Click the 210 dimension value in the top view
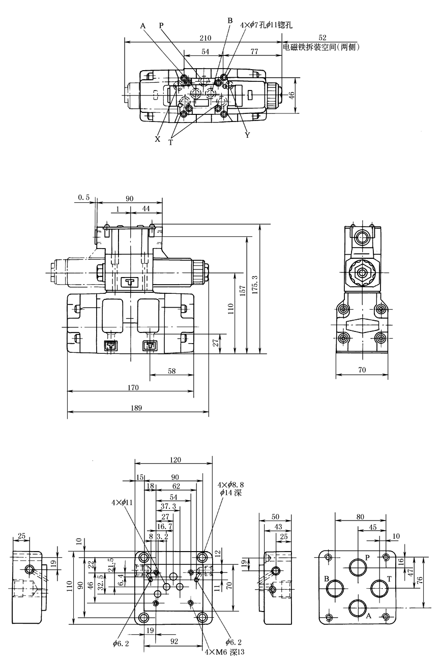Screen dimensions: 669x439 point(206,38)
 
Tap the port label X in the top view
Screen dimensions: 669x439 point(158,139)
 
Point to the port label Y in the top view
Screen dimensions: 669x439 point(247,135)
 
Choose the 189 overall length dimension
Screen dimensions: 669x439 point(136,408)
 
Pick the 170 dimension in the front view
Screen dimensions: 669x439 point(133,387)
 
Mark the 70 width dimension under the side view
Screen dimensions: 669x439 point(362,371)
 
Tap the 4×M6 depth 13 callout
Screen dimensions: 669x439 point(224,652)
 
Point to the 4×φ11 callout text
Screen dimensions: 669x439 point(122,502)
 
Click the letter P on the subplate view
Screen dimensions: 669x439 point(368,553)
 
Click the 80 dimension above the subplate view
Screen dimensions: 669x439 point(360,516)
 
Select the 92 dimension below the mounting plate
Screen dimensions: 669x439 point(174,642)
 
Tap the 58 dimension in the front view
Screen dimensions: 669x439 point(172,372)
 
